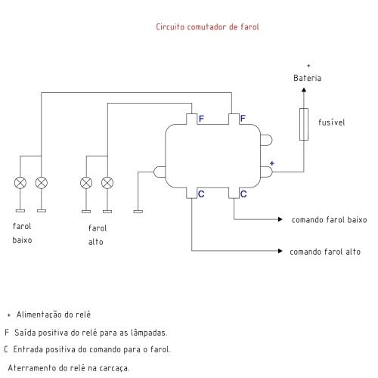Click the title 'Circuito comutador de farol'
click(207, 26)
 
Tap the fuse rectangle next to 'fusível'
click(304, 124)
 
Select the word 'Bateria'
click(307, 78)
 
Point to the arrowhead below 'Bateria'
click(304, 90)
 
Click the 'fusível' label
click(331, 122)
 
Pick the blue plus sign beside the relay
click(272, 163)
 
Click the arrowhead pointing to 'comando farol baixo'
click(280, 219)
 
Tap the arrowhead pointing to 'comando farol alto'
click(280, 251)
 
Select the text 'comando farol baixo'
click(329, 220)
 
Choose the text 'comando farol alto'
click(325, 252)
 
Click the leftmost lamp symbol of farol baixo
click(20, 183)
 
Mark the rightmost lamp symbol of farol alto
click(107, 183)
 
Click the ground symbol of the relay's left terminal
click(138, 212)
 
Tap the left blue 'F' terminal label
click(201, 119)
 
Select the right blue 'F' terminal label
click(243, 119)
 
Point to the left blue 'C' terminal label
click(201, 194)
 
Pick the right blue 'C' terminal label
click(243, 194)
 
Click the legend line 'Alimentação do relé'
click(54, 314)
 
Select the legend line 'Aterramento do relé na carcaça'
click(69, 368)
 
